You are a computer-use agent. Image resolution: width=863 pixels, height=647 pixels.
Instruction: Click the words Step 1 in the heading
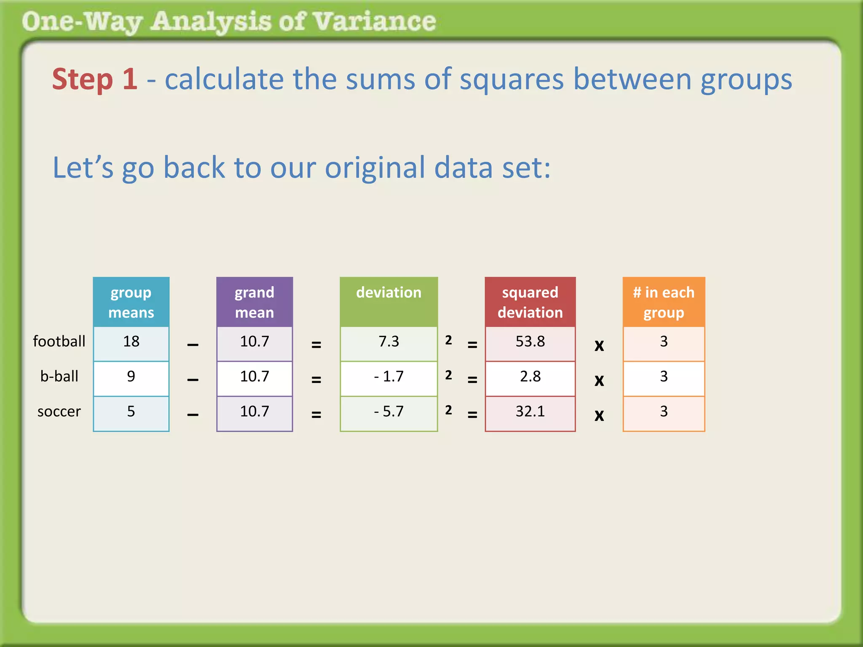click(x=95, y=79)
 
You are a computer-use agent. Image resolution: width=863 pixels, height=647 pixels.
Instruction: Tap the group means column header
click(x=131, y=302)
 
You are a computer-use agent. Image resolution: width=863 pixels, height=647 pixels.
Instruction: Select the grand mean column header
click(x=255, y=302)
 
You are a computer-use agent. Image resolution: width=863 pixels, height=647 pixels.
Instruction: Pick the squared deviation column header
click(x=530, y=302)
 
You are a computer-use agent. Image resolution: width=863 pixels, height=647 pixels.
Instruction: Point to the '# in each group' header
click(x=664, y=302)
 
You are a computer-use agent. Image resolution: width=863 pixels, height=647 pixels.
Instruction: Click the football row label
click(x=59, y=341)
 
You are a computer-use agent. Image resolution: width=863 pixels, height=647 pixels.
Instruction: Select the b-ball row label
click(x=59, y=376)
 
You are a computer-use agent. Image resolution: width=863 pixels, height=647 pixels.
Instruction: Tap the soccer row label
click(x=59, y=411)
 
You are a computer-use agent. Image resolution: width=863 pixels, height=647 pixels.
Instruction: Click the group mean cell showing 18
click(x=131, y=342)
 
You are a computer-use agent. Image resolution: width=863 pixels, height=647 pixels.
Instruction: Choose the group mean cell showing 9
click(x=131, y=377)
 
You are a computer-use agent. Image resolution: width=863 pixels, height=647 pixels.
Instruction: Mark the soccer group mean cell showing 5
click(x=131, y=412)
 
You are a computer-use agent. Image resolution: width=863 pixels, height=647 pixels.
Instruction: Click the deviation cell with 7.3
click(x=389, y=342)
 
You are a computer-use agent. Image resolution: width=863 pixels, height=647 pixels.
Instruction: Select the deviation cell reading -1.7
click(x=389, y=377)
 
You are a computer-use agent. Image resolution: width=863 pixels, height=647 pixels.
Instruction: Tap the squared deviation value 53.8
click(x=530, y=342)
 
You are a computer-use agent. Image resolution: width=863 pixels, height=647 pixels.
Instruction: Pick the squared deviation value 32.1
click(x=530, y=412)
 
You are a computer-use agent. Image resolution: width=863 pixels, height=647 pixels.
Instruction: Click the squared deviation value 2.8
click(x=530, y=377)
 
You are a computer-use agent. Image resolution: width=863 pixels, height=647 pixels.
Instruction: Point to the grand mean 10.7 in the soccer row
click(x=255, y=412)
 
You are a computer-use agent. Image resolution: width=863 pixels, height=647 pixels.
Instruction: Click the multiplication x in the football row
click(x=599, y=345)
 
